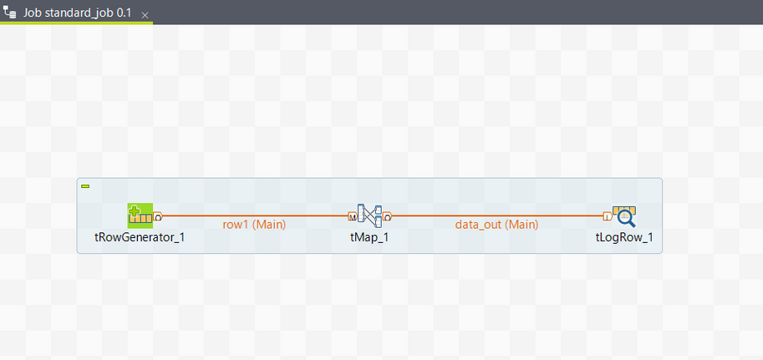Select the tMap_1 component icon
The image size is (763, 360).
tap(369, 215)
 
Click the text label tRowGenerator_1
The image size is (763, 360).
tap(140, 237)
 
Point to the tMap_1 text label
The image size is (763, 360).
tap(369, 237)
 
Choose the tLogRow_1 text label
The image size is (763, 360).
tap(623, 237)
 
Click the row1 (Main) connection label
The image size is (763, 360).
tap(254, 225)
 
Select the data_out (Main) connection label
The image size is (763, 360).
tap(496, 225)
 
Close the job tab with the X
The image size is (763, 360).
tap(145, 15)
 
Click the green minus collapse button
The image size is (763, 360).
tap(85, 186)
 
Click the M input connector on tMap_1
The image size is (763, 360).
tap(352, 217)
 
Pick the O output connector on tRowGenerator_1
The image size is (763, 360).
tap(158, 217)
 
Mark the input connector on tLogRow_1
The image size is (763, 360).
tap(606, 217)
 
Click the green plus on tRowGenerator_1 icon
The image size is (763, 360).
tap(135, 209)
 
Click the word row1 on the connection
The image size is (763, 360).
tap(235, 225)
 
